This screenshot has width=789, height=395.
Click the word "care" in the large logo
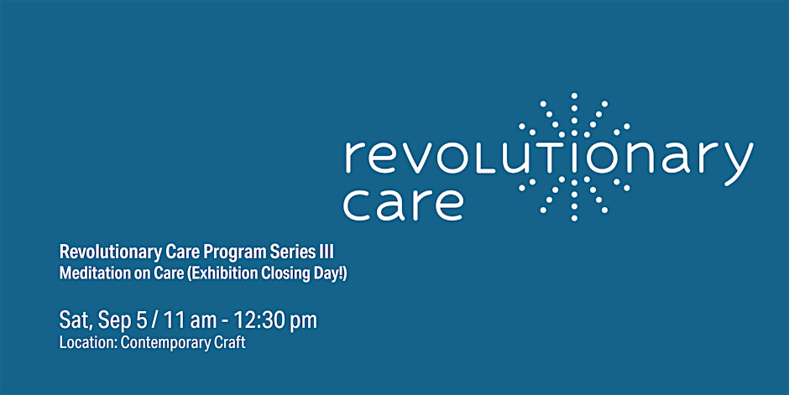(403, 204)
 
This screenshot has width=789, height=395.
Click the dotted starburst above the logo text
(573, 115)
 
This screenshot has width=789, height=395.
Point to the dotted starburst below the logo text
(573, 198)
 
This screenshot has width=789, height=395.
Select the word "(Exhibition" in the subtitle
(223, 274)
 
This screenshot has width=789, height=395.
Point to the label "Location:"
(88, 343)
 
